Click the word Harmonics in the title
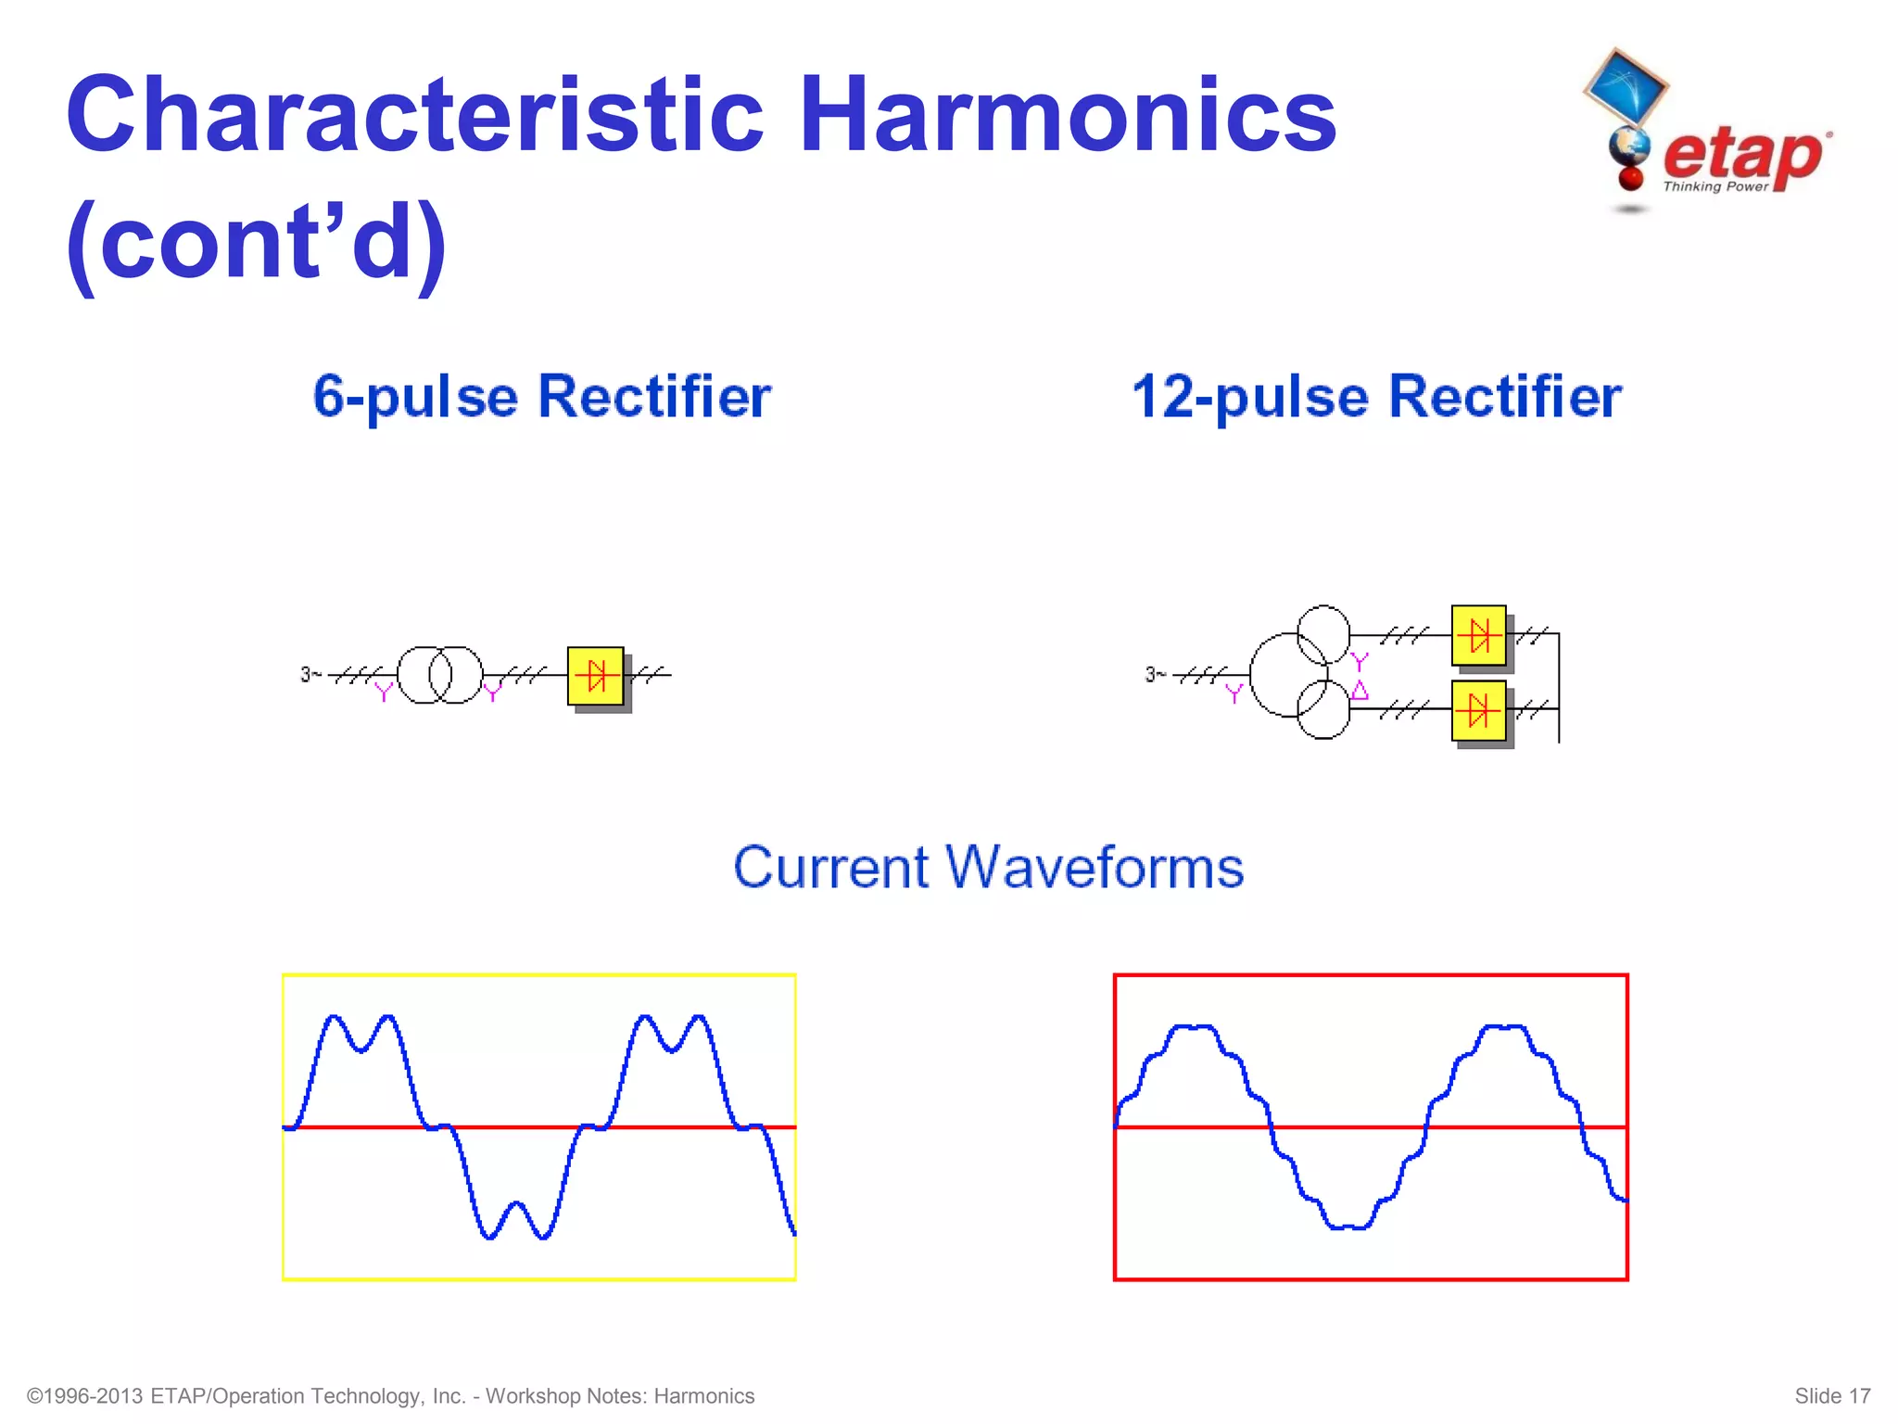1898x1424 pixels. (x=1067, y=115)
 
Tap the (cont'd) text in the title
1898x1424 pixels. (x=256, y=243)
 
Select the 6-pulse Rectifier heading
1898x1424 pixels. (x=541, y=397)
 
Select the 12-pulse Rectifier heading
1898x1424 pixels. (x=1376, y=397)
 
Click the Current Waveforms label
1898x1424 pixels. (x=988, y=868)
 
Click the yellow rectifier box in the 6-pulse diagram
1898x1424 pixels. (x=596, y=676)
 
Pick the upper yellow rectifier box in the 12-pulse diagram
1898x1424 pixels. (x=1479, y=636)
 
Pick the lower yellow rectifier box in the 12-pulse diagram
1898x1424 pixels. (x=1479, y=711)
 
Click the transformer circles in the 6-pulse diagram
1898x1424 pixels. (x=440, y=675)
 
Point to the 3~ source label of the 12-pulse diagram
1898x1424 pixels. (x=1155, y=675)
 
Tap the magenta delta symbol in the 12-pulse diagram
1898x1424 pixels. (x=1360, y=690)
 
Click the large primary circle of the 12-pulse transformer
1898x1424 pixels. (x=1274, y=675)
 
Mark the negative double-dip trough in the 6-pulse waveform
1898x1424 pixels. (x=516, y=1222)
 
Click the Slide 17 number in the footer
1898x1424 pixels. (x=1832, y=1396)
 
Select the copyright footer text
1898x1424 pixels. (x=390, y=1396)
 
